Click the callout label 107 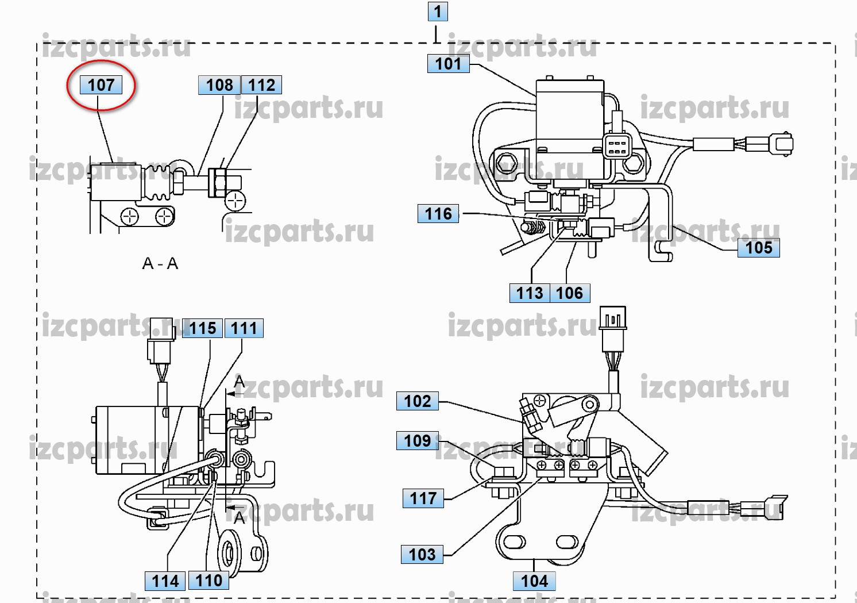(101, 85)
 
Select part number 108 (219, 85)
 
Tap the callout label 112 (261, 85)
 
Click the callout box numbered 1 (438, 11)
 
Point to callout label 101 (448, 64)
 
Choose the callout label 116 (438, 214)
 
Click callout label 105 (758, 248)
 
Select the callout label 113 (529, 293)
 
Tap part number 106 (569, 293)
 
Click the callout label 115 (203, 328)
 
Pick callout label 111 (244, 328)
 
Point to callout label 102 (417, 401)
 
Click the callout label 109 (417, 441)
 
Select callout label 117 (423, 498)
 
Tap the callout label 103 (422, 555)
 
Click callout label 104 (534, 581)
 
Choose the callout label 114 (165, 581)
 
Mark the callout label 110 (209, 581)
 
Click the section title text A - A (160, 264)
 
